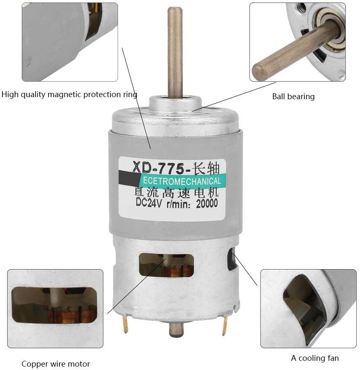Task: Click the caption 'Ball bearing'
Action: coord(293,97)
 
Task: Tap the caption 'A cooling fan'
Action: coord(315,358)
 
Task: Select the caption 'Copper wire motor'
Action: coord(56,364)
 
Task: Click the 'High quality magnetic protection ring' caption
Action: coord(69,94)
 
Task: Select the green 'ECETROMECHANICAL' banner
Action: coord(180,181)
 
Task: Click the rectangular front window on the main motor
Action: coord(167,265)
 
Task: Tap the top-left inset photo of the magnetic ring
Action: coord(69,42)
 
